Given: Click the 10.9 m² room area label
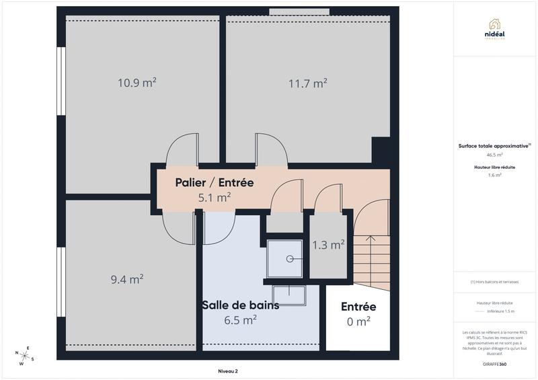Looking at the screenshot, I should pyautogui.click(x=137, y=83).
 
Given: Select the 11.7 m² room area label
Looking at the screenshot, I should pyautogui.click(x=308, y=83).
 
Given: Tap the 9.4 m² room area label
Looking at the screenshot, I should pyautogui.click(x=127, y=278).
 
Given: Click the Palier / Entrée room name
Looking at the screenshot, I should pyautogui.click(x=214, y=182).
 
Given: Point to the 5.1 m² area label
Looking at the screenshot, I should pyautogui.click(x=214, y=198).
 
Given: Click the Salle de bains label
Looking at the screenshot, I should pyautogui.click(x=240, y=305).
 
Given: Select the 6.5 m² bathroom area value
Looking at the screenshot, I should pyautogui.click(x=240, y=320).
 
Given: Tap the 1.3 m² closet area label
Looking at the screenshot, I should pyautogui.click(x=328, y=245).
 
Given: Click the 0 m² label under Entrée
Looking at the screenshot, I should pyautogui.click(x=358, y=321).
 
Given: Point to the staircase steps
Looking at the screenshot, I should pyautogui.click(x=371, y=259).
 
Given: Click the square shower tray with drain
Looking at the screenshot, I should pyautogui.click(x=284, y=258).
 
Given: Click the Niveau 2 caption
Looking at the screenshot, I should pyautogui.click(x=227, y=371).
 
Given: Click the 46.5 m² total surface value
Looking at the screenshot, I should pyautogui.click(x=495, y=154).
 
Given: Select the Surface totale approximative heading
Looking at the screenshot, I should pyautogui.click(x=494, y=145).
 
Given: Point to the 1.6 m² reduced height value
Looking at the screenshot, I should pyautogui.click(x=495, y=175).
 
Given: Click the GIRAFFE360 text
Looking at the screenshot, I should pyautogui.click(x=494, y=363).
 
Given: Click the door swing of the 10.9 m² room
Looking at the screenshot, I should pyautogui.click(x=182, y=149).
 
